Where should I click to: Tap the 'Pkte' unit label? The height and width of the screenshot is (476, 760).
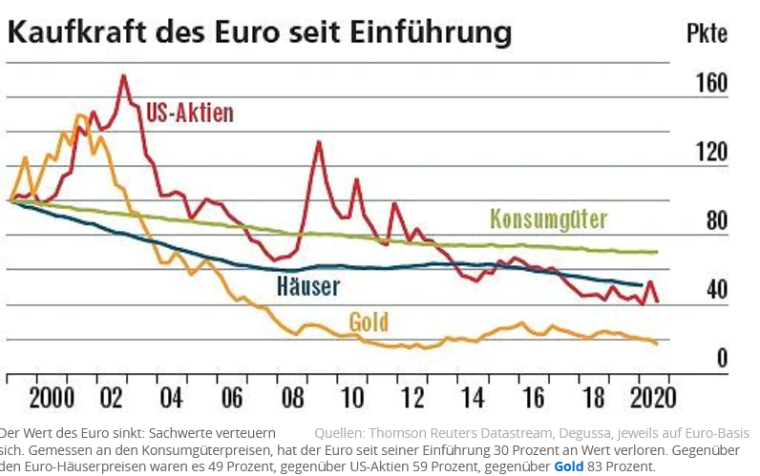tap(707, 33)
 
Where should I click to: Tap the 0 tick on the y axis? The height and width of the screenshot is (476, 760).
tap(722, 358)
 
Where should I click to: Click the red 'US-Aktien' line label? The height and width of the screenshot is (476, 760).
tap(190, 113)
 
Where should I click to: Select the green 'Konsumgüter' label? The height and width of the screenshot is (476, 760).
tap(548, 218)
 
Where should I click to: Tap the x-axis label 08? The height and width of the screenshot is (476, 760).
tap(293, 396)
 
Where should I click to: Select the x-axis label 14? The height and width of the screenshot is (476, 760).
tap(473, 396)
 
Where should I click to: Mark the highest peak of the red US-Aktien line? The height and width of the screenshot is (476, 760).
tap(123, 75)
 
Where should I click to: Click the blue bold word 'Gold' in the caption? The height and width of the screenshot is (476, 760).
tap(570, 466)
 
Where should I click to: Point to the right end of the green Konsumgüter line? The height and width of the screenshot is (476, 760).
tap(657, 252)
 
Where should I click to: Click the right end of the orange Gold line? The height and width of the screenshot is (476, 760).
tap(657, 343)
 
